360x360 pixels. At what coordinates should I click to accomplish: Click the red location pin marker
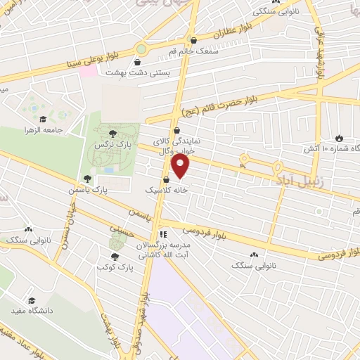pos(181,166)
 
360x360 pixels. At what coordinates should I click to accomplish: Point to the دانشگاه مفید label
pos(28,309)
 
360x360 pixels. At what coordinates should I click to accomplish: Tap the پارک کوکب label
pos(115,268)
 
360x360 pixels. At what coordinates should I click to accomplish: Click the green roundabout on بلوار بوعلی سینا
pos(141,49)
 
